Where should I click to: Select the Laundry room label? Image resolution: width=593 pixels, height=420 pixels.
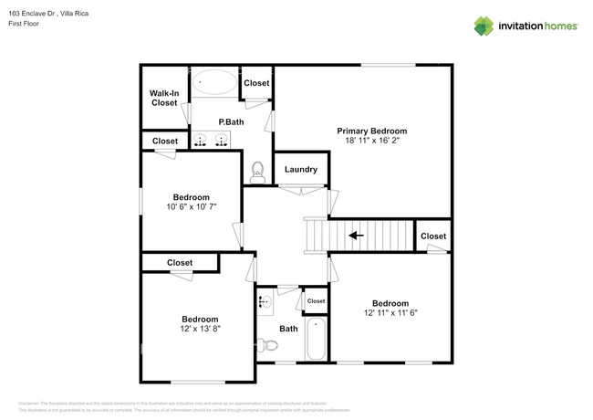click(x=301, y=169)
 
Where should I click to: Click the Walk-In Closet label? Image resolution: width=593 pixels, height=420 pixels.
click(x=164, y=98)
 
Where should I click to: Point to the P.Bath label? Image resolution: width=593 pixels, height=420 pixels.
click(x=230, y=121)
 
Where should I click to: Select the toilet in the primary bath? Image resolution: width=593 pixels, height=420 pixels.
click(x=258, y=170)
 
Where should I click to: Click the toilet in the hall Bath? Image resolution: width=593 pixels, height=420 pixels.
click(x=267, y=345)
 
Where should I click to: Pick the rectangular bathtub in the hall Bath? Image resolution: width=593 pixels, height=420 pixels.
click(x=316, y=339)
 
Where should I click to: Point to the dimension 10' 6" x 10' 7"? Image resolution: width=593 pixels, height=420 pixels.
click(x=192, y=207)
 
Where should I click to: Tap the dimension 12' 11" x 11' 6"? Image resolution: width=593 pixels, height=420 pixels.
click(x=390, y=313)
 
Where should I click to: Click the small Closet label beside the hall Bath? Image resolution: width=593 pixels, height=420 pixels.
click(x=316, y=300)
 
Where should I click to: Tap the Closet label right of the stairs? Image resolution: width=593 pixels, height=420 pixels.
click(x=433, y=236)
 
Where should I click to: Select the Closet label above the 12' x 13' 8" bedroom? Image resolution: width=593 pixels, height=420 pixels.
click(x=180, y=263)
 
